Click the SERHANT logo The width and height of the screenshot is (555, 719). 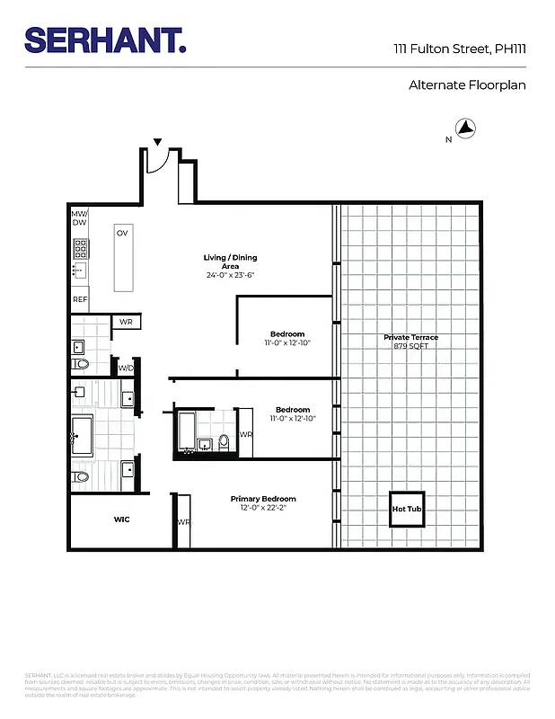[105, 41]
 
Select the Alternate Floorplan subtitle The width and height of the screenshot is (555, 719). [466, 85]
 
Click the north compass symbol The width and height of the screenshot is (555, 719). [465, 129]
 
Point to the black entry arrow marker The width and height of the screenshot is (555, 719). [158, 142]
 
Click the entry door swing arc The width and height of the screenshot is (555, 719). [158, 163]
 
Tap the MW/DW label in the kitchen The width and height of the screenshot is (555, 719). [79, 217]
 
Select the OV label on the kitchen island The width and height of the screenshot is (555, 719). [122, 233]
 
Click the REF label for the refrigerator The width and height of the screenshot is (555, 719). [80, 299]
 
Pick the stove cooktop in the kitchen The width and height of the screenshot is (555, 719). [79, 247]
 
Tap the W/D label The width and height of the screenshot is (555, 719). [125, 367]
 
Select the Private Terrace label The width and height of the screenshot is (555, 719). [410, 338]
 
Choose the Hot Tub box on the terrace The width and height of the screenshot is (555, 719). [406, 509]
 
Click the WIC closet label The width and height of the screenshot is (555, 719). [122, 519]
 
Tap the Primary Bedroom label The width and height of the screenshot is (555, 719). [263, 499]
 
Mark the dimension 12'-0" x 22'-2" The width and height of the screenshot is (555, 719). [263, 508]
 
